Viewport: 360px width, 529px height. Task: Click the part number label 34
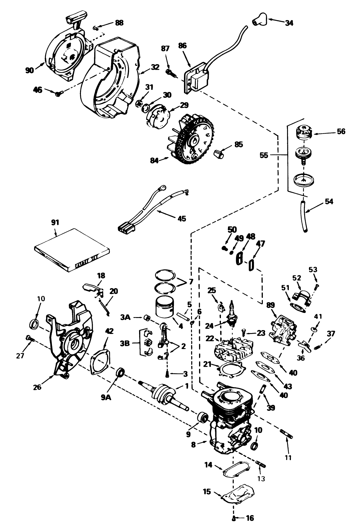point(289,22)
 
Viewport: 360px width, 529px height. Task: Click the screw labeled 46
point(59,93)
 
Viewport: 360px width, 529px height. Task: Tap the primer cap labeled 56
point(303,132)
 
